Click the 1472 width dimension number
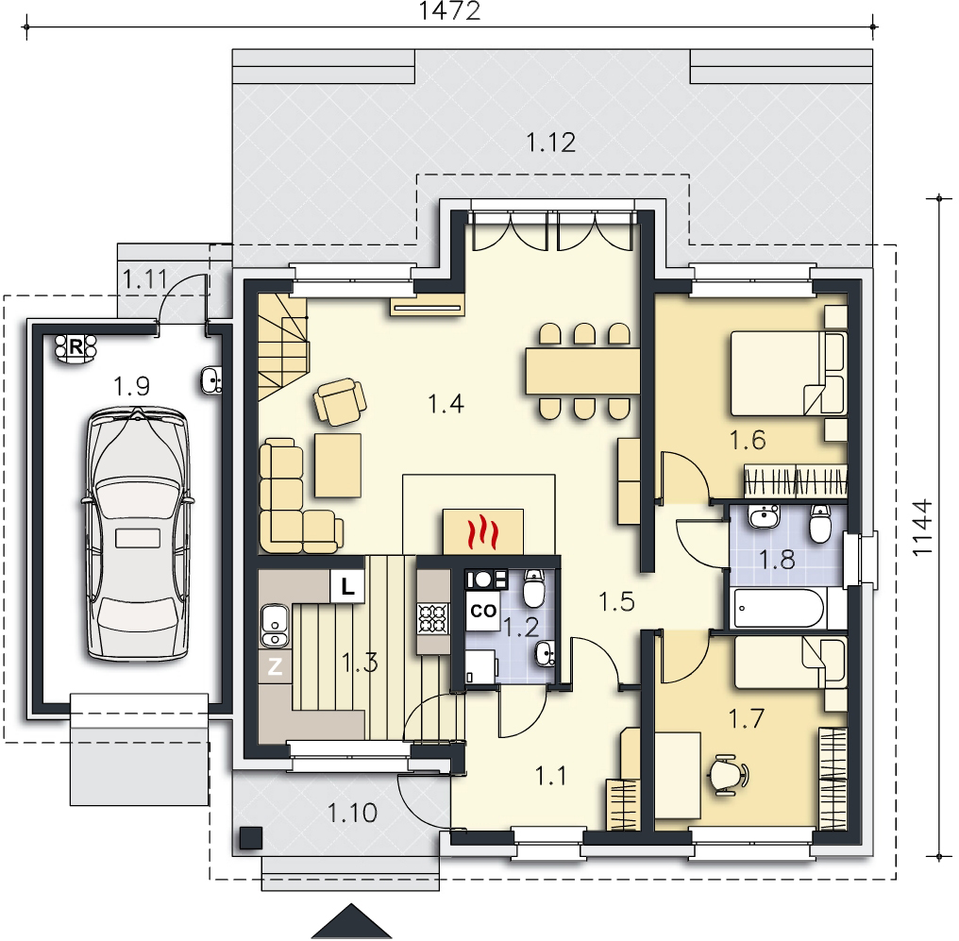pos(449,10)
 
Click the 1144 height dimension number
pos(922,528)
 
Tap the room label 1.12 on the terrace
pos(551,143)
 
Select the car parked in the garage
pos(138,534)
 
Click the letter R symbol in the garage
pos(76,346)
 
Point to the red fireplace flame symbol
pos(482,531)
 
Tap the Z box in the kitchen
pos(275,665)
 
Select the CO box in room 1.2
pos(482,611)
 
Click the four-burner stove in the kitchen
pos(433,618)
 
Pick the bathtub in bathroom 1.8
pos(778,608)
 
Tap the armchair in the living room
pos(340,401)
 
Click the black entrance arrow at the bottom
pos(352,921)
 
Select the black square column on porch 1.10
pos(251,838)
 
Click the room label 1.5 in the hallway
pos(616,601)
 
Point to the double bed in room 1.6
pos(789,374)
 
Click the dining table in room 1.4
pos(583,371)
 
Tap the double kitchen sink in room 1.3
pos(275,626)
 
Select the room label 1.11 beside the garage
pos(145,279)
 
